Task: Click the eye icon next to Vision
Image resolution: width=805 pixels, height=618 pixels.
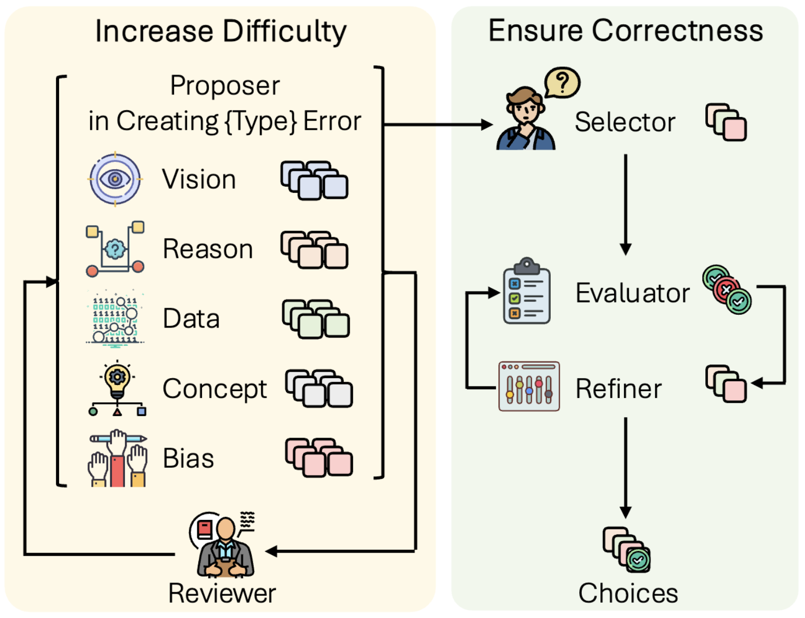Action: pos(115,179)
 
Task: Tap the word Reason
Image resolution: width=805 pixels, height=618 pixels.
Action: pos(208,249)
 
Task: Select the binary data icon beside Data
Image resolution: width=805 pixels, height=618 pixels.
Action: pos(115,318)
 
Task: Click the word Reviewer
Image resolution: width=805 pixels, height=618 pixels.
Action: pos(222,593)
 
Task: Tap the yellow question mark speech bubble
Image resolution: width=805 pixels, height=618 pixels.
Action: pos(562,82)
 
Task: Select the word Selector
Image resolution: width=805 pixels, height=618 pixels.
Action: pos(625,122)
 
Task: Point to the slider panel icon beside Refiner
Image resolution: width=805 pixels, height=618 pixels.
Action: pos(529,387)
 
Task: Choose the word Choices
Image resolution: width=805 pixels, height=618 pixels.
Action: pos(628,593)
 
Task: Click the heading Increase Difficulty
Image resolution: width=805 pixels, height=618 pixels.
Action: pos(221,31)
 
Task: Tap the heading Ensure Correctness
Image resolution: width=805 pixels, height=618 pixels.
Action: pos(626,31)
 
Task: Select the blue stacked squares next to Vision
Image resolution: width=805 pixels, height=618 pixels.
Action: pos(314,180)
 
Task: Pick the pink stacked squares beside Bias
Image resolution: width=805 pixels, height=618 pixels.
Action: pos(319,457)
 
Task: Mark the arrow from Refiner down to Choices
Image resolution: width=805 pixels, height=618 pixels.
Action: pos(626,467)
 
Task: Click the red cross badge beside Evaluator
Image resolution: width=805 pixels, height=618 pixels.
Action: pos(726,289)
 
